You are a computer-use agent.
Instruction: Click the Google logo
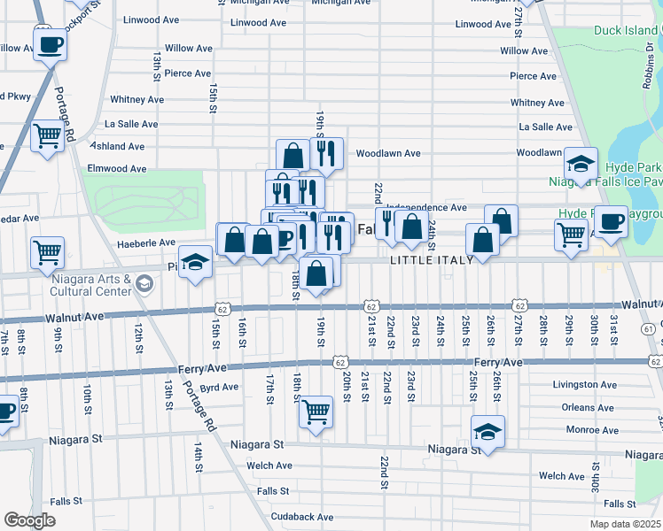pos(29,520)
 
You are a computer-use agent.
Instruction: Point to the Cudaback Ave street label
pos(302,517)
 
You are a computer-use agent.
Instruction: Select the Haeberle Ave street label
pos(146,242)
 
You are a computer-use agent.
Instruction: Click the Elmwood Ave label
pos(116,168)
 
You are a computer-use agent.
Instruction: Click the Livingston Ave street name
pos(582,385)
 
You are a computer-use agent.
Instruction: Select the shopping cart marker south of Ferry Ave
pos(316,412)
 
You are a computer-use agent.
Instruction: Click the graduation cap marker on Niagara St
pos(487,433)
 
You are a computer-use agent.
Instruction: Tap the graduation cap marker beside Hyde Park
pos(581,165)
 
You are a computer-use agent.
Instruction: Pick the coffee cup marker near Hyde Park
pos(610,221)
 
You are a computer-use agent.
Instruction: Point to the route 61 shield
pos(650,328)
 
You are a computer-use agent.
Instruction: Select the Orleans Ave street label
pos(588,408)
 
